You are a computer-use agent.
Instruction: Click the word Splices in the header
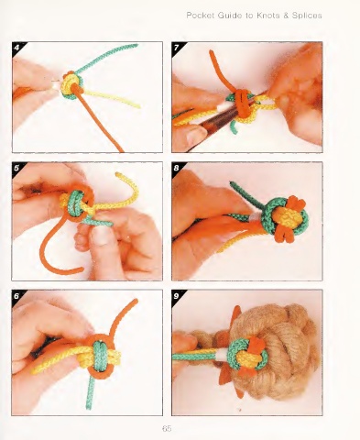click(307, 16)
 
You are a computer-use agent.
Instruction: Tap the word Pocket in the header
click(201, 16)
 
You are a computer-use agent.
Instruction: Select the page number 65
click(167, 428)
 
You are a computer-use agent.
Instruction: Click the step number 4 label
click(16, 48)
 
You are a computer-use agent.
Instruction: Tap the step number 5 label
click(16, 168)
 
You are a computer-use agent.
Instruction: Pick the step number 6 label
click(16, 296)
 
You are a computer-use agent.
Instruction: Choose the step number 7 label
click(177, 48)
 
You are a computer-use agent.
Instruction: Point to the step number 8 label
click(177, 168)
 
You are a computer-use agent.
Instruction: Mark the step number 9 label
click(177, 296)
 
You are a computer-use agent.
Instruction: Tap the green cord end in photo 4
click(135, 46)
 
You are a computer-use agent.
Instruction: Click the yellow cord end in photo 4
click(137, 105)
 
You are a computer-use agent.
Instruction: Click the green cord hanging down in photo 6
click(90, 392)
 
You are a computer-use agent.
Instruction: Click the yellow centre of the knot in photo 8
click(282, 217)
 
